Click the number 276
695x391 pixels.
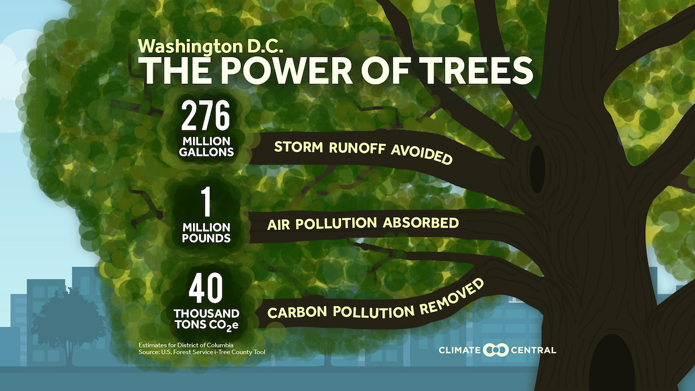(x=206, y=117)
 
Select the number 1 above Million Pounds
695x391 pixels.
(x=205, y=203)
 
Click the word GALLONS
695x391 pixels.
(x=206, y=152)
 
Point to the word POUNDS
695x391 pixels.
(x=206, y=238)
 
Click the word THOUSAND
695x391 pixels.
(x=207, y=313)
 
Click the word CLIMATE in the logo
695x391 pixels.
(x=460, y=350)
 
